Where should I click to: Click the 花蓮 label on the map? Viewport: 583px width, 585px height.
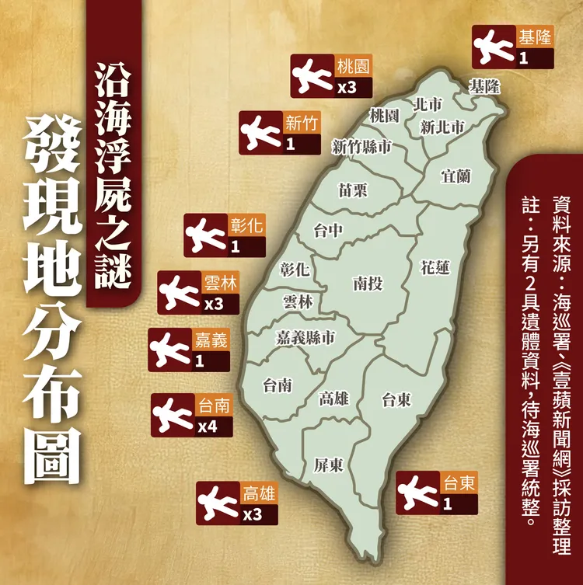[x=434, y=268]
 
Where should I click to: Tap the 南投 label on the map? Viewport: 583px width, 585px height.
[x=367, y=284]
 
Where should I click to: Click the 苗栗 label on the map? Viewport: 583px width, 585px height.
[x=352, y=190]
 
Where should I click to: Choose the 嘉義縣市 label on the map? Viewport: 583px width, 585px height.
[x=305, y=337]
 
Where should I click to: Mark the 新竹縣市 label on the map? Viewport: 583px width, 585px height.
[x=361, y=147]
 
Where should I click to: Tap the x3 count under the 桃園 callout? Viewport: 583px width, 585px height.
[x=346, y=88]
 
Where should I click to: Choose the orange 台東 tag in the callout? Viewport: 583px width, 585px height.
[x=457, y=483]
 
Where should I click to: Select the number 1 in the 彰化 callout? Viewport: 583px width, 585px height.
[x=235, y=247]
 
